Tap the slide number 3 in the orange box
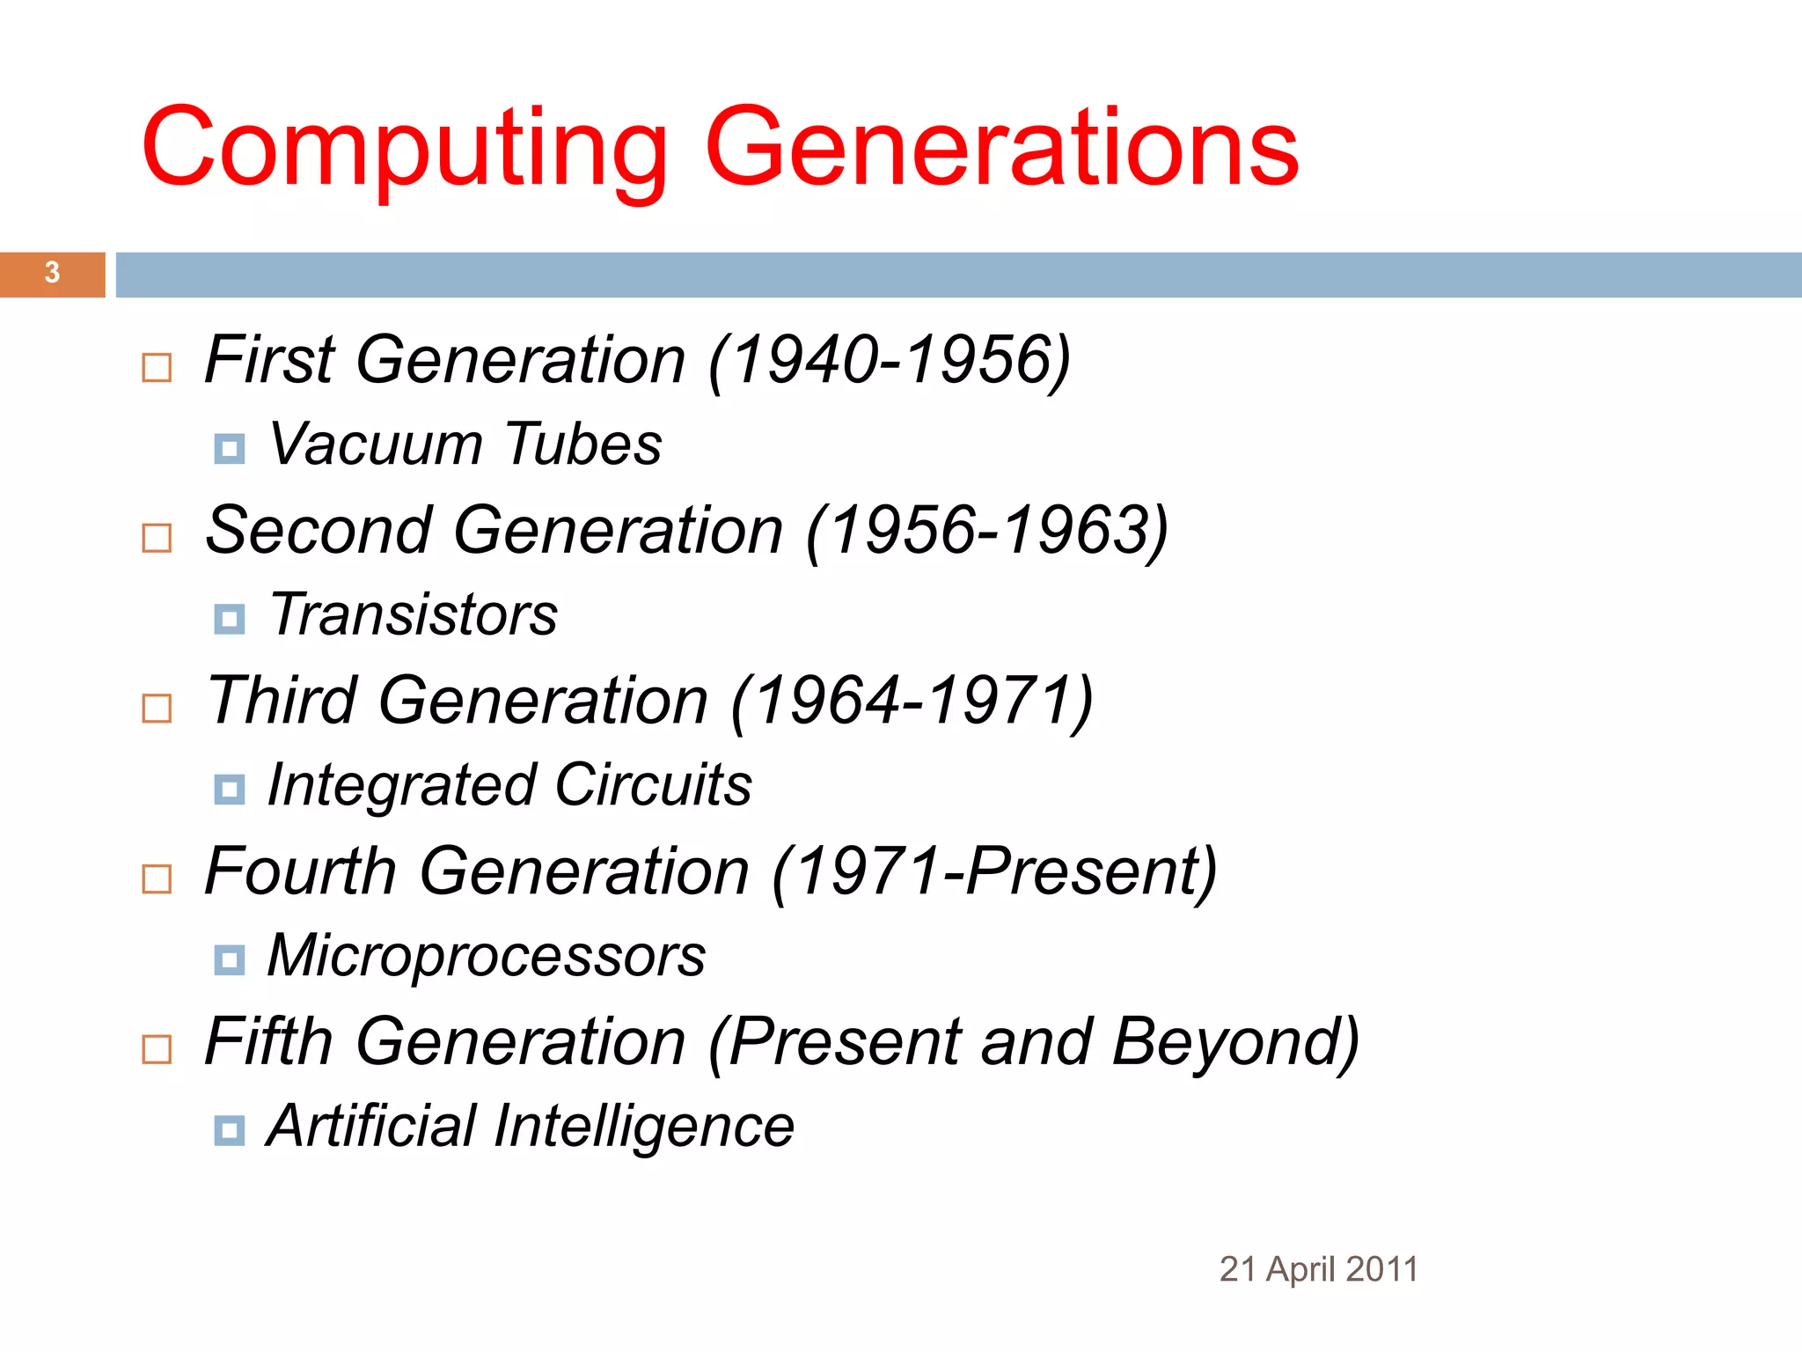tap(52, 273)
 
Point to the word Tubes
tap(583, 444)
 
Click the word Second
tap(319, 531)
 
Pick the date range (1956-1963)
tap(987, 531)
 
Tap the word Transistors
tap(414, 614)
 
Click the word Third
tap(282, 701)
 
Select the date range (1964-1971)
tap(912, 701)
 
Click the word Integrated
tap(401, 785)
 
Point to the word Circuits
tap(653, 785)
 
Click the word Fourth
tap(301, 871)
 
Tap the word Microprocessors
tap(486, 956)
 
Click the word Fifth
tap(268, 1042)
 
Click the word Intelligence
tap(644, 1127)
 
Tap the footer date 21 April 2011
tap(1318, 1269)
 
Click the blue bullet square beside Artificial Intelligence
tap(230, 1130)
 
